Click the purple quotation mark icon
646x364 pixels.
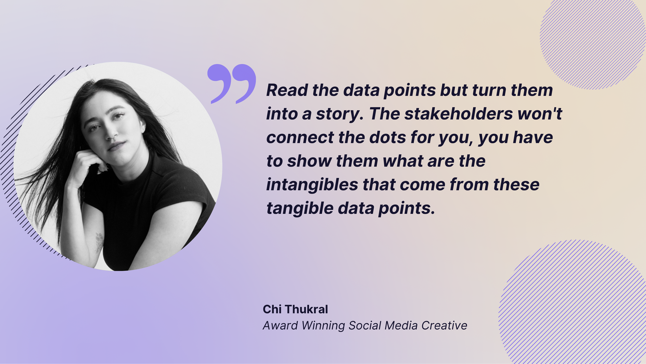click(x=232, y=83)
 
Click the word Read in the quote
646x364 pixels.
click(x=287, y=90)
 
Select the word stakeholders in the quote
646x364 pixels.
click(x=459, y=114)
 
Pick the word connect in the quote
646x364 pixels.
click(x=300, y=138)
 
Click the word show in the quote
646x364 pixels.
click(x=309, y=161)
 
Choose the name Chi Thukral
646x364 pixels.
click(x=295, y=309)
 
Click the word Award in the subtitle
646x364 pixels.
click(x=280, y=325)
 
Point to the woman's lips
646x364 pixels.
click(x=116, y=146)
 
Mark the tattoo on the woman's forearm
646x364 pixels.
click(x=99, y=242)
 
